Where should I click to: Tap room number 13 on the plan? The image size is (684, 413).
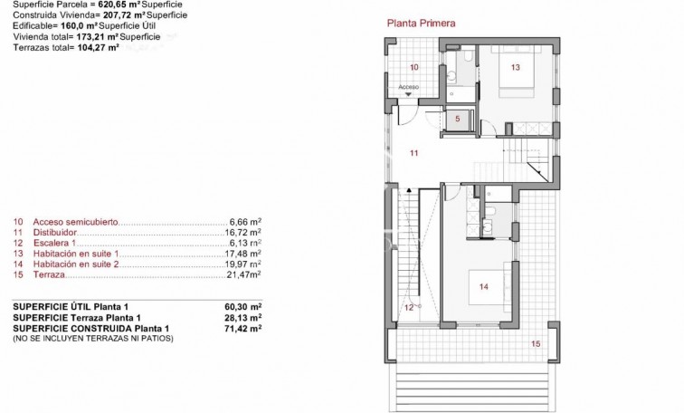click(x=515, y=67)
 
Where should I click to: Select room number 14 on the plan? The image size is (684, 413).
click(x=483, y=286)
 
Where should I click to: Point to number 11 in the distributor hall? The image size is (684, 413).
click(x=413, y=153)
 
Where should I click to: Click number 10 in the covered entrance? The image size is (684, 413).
click(x=413, y=67)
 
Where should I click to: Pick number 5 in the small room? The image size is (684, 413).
click(x=458, y=119)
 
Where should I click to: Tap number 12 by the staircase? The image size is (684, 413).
click(x=408, y=307)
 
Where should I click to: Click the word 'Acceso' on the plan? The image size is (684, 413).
click(x=409, y=87)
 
